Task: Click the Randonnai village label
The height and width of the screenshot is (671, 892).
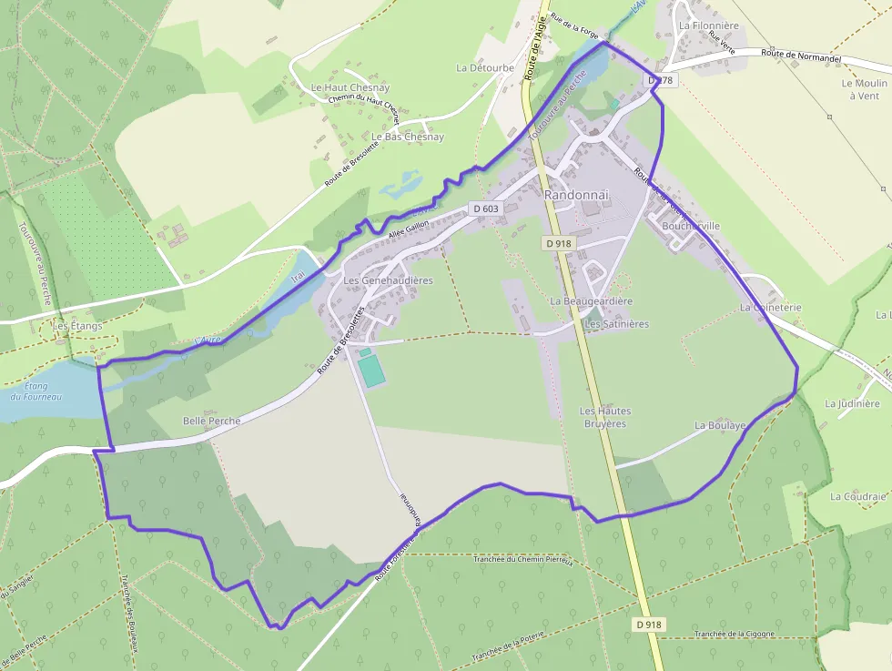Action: tap(575, 196)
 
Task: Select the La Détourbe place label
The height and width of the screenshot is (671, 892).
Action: tap(485, 67)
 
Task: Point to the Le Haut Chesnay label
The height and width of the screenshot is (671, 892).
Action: tap(350, 87)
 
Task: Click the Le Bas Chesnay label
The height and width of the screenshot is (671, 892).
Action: tap(407, 137)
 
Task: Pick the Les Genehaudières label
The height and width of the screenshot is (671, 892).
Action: tap(388, 280)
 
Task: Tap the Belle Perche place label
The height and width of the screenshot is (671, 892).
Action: tap(212, 421)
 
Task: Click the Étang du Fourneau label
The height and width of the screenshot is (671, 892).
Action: tap(36, 391)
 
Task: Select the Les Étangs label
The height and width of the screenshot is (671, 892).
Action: tap(77, 325)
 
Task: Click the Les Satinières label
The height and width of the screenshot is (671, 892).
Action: tap(616, 324)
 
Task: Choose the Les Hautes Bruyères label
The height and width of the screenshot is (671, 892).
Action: tap(605, 417)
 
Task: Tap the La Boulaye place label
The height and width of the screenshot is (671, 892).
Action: tap(720, 425)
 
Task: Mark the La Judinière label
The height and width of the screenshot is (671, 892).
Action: tap(853, 403)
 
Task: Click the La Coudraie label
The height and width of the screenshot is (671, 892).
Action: tap(857, 496)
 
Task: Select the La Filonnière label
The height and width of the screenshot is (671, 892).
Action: tap(709, 25)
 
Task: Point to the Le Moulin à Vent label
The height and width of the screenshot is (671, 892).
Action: tap(864, 88)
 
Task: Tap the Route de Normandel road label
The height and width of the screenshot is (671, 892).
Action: tap(801, 56)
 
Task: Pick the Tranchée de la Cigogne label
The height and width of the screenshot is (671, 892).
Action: tap(734, 634)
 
